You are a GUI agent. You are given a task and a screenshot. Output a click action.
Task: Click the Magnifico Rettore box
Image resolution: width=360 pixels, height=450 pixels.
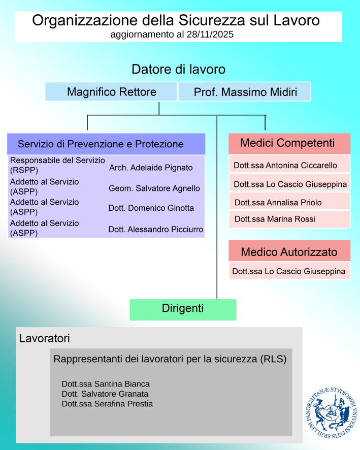112,92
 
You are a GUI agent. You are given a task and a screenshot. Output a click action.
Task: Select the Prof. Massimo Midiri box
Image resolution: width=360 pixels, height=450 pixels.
245,92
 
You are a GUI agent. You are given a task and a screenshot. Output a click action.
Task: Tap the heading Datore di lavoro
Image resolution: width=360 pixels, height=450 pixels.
178,69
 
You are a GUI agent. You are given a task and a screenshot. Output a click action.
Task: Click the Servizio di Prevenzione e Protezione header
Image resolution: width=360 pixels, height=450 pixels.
106,144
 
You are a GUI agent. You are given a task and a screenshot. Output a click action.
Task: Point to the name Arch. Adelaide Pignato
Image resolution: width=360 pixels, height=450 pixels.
151,167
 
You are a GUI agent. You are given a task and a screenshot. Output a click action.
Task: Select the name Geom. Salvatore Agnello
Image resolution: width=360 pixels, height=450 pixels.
154,188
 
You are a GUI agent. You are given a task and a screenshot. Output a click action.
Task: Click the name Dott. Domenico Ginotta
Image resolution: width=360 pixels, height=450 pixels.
151,208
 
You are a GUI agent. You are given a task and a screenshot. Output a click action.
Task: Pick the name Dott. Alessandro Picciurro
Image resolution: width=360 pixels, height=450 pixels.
156,229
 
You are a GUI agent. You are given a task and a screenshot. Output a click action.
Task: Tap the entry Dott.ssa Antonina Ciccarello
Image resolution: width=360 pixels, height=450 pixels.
285,165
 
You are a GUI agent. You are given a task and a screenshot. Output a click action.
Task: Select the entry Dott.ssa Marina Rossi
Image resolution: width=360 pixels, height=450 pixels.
275,219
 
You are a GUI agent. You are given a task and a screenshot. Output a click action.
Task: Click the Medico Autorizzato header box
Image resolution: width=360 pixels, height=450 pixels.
289,251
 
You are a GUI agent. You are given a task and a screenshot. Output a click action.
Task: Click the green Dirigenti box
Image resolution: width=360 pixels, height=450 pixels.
183,309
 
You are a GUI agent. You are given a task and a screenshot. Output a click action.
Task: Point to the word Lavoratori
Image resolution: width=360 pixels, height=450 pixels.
44,338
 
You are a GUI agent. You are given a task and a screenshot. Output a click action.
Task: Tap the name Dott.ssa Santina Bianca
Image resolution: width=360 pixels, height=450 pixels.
106,384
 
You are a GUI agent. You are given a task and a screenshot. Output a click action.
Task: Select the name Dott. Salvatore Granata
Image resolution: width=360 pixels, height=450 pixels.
105,394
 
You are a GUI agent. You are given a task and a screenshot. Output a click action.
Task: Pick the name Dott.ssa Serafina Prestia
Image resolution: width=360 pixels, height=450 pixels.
107,404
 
